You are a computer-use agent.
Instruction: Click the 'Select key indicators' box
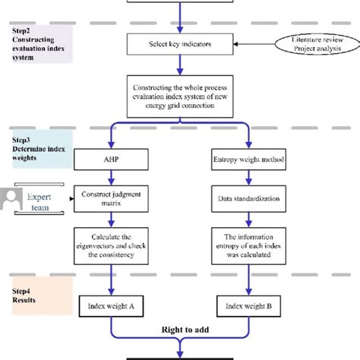tap(181, 45)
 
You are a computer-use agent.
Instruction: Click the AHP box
tap(112, 159)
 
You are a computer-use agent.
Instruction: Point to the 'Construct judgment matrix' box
tap(112, 201)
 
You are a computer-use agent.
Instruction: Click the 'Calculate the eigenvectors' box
tap(112, 245)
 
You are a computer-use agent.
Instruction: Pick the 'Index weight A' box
tap(112, 307)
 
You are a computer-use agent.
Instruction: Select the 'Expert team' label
tap(39, 201)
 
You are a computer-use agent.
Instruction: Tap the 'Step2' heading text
tap(21, 30)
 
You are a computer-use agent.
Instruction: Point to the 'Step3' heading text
tap(21, 141)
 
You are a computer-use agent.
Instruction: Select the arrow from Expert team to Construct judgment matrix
tap(69, 201)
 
